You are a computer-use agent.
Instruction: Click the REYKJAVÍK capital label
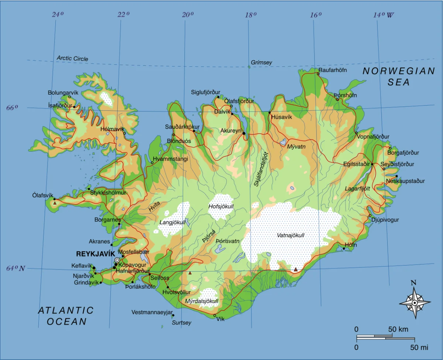[95, 254]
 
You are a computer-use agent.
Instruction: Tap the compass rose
[415, 302]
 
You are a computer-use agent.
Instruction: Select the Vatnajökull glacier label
[291, 235]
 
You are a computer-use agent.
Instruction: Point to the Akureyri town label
[231, 131]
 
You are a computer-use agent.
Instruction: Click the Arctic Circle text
[72, 59]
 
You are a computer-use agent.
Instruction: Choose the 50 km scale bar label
[398, 329]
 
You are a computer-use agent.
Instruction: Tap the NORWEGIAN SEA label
[399, 77]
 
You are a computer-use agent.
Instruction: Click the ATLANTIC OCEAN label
[66, 316]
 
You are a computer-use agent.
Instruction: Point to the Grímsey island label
[261, 62]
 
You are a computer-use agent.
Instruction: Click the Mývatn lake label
[296, 147]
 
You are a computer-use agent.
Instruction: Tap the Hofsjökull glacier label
[221, 206]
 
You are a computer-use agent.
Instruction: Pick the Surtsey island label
[182, 323]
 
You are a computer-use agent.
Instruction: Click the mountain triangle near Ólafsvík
[55, 203]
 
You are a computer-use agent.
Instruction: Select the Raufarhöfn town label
[333, 70]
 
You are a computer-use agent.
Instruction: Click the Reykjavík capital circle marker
[117, 260]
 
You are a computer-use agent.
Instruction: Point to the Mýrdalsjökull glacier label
[201, 301]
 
